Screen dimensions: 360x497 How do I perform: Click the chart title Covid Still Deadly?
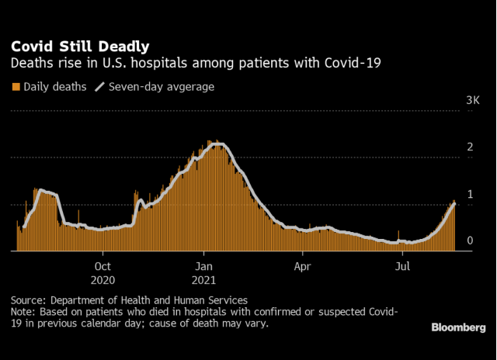81,47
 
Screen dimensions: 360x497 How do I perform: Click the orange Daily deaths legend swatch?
16,87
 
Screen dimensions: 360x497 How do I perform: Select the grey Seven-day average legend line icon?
99,87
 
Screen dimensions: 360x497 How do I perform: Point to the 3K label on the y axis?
473,101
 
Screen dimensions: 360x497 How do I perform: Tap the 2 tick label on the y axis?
470,147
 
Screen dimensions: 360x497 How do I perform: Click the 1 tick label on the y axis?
470,194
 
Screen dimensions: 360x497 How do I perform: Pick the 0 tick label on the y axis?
470,241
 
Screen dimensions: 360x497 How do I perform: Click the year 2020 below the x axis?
103,279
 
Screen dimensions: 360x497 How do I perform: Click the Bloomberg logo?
459,327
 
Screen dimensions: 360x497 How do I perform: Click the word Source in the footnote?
29,299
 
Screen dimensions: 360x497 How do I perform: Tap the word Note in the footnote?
23,312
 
